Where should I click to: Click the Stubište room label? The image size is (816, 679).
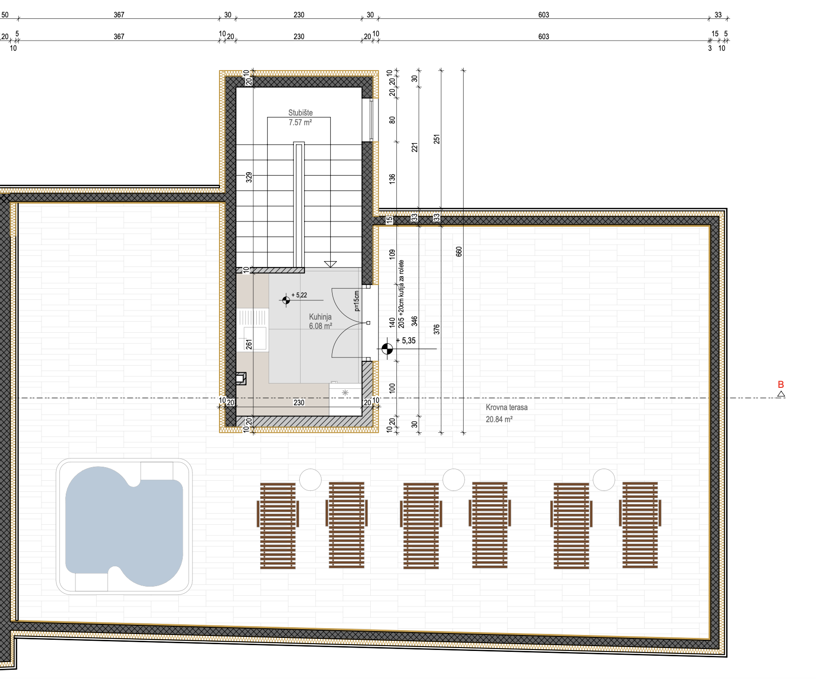pyautogui.click(x=300, y=113)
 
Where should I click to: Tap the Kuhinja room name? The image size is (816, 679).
pyautogui.click(x=320, y=317)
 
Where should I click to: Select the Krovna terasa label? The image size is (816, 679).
pyautogui.click(x=507, y=407)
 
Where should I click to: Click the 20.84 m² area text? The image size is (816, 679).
pyautogui.click(x=499, y=419)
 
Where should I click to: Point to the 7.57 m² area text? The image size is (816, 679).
pyautogui.click(x=300, y=122)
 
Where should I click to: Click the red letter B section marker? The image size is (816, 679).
pyautogui.click(x=781, y=384)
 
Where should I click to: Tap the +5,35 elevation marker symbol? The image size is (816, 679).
pyautogui.click(x=387, y=349)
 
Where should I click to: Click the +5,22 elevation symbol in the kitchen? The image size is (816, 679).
pyautogui.click(x=286, y=300)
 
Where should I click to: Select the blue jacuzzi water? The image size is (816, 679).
pyautogui.click(x=124, y=526)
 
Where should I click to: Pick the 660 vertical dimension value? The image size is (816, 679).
pyautogui.click(x=459, y=251)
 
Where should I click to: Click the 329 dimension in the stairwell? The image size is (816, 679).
pyautogui.click(x=249, y=177)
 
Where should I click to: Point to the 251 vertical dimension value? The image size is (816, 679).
pyautogui.click(x=437, y=139)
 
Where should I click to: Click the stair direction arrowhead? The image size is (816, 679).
pyautogui.click(x=330, y=264)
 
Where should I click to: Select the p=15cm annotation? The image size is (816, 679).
pyautogui.click(x=357, y=300)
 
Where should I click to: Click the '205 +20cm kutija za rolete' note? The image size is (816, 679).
pyautogui.click(x=401, y=294)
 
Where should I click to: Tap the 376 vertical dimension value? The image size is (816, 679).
pyautogui.click(x=437, y=329)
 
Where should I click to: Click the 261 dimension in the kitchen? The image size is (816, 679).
pyautogui.click(x=249, y=344)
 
